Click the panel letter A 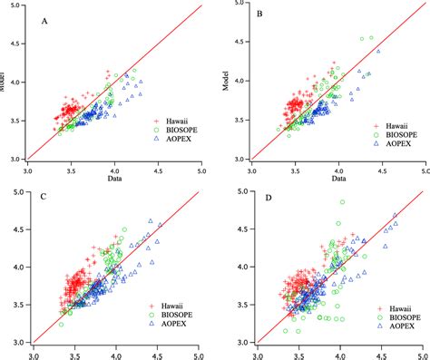(x=44, y=20)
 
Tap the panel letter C (x=44, y=195)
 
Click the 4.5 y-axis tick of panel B (x=240, y=42)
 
